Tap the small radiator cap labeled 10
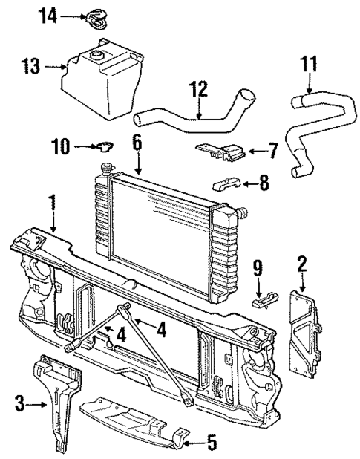[103, 148]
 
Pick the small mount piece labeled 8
[227, 183]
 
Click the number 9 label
[258, 267]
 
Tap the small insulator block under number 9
[261, 299]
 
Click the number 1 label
[52, 201]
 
